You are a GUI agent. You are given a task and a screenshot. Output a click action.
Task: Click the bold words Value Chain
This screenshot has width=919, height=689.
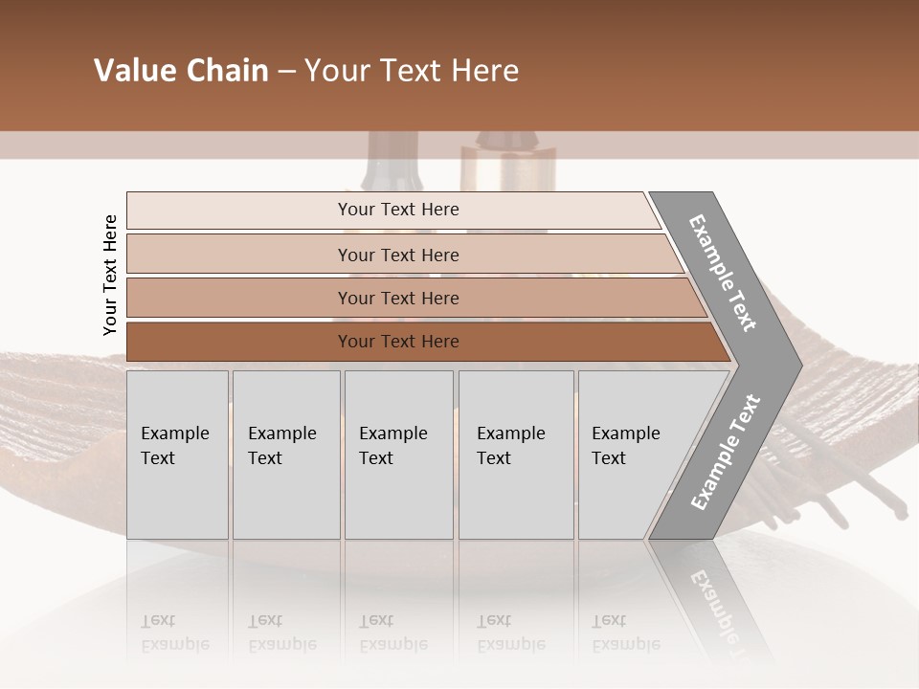(x=181, y=71)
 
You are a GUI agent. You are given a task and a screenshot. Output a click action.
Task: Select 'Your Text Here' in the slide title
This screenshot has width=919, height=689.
(x=412, y=71)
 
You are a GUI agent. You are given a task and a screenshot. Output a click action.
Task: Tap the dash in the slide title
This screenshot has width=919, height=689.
(x=286, y=72)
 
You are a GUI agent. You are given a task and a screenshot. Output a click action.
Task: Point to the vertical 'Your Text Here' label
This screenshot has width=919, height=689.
(x=110, y=275)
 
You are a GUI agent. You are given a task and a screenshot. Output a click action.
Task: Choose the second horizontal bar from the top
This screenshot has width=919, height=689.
(x=398, y=255)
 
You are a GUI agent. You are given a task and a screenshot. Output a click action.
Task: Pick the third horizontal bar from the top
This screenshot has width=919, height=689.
(x=398, y=298)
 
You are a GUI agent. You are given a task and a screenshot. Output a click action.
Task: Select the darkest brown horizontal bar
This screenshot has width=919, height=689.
(x=398, y=342)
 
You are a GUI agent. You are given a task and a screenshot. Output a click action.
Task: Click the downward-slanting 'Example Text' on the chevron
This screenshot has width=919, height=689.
(x=723, y=273)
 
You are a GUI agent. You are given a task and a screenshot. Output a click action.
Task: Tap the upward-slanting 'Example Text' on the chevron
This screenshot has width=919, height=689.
(x=726, y=452)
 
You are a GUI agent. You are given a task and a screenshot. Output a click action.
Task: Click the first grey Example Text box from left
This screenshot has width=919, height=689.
(x=177, y=455)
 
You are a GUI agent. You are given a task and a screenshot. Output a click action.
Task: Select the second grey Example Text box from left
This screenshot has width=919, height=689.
(x=286, y=455)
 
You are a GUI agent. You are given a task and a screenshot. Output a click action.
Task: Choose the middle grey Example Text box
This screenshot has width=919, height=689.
(x=398, y=455)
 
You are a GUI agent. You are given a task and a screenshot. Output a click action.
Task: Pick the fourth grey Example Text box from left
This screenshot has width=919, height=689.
(x=517, y=455)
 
